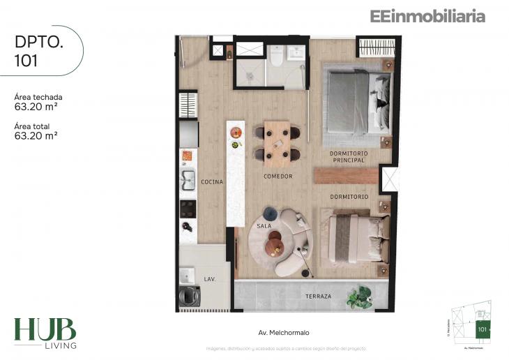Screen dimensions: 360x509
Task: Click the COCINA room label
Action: pos(212,182)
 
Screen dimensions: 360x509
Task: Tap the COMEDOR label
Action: pos(278,177)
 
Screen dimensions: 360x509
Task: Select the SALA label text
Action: pos(264,226)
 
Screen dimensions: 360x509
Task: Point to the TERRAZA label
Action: pos(318,297)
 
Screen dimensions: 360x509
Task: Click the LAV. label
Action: pos(209,279)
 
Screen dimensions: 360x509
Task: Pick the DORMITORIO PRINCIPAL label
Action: pos(349,156)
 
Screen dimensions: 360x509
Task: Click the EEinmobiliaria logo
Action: pos(426,16)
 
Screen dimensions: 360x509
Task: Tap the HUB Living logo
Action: pos(45,332)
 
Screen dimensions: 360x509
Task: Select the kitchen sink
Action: pos(188,180)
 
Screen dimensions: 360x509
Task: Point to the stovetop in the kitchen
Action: pos(188,207)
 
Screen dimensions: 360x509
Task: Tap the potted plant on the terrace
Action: pos(361,297)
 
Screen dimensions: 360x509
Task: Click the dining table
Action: pos(277,142)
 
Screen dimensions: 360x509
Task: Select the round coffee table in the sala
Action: pos(275,241)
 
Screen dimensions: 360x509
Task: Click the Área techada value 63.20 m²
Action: pos(36,107)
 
